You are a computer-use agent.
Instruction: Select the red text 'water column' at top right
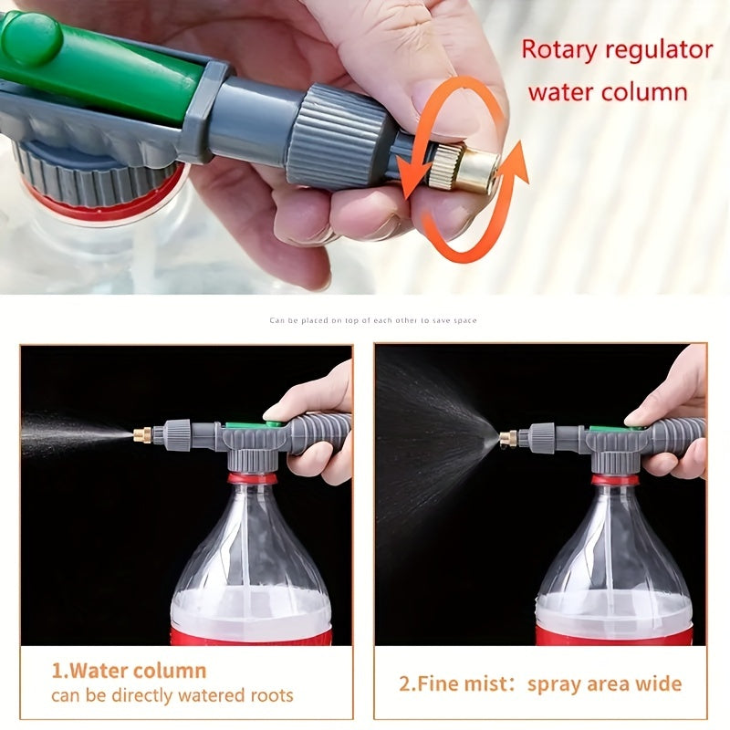(607, 91)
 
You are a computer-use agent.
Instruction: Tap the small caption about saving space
(372, 320)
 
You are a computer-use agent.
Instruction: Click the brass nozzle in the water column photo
(142, 434)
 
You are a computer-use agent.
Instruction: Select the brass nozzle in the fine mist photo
(507, 439)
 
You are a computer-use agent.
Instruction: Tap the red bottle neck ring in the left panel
(252, 477)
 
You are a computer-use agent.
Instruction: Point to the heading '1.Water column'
(129, 671)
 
